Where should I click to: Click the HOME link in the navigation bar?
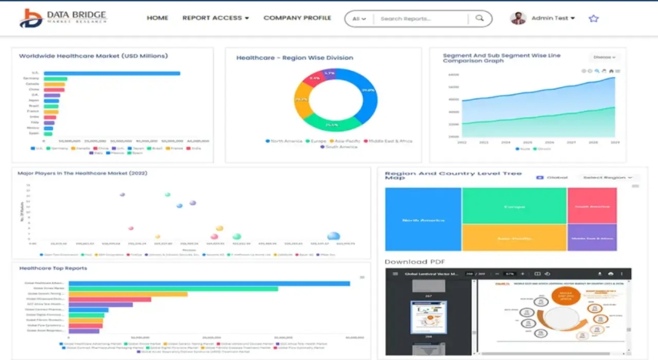click(x=157, y=18)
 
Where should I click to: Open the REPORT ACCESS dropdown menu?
click(x=215, y=18)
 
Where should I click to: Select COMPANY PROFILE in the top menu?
click(x=297, y=18)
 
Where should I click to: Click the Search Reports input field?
click(x=421, y=19)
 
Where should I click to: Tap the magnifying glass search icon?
click(x=480, y=19)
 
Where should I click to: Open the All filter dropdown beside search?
click(x=359, y=19)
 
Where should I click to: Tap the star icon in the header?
click(x=594, y=18)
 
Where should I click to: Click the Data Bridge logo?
click(x=64, y=18)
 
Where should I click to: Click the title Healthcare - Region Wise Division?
click(x=283, y=57)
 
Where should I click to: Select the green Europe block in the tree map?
click(x=514, y=205)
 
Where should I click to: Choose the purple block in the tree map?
click(x=591, y=237)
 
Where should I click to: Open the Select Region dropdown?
click(x=608, y=177)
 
